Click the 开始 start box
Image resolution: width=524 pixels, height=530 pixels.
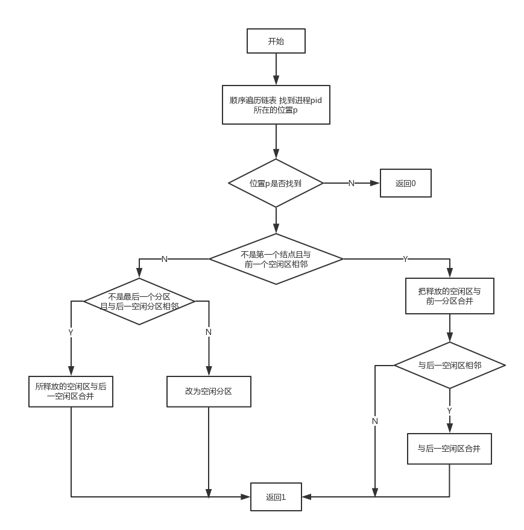[x=276, y=42]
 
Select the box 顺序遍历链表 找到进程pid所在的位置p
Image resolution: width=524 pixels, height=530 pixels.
[x=276, y=105]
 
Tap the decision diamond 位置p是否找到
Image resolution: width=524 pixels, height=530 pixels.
[x=276, y=183]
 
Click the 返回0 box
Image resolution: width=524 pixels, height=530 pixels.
[x=406, y=183]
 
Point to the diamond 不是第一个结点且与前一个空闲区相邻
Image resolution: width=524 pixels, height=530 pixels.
[x=276, y=259]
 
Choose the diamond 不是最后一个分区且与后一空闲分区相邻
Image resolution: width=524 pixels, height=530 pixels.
[x=139, y=301]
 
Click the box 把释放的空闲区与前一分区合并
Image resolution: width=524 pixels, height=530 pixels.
[x=450, y=296]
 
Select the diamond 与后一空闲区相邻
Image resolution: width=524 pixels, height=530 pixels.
[x=450, y=366]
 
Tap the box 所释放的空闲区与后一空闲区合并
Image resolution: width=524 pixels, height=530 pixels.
[x=71, y=391]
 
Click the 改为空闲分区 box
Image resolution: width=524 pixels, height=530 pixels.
[x=209, y=391]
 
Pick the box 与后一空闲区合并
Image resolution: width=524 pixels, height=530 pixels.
[x=450, y=449]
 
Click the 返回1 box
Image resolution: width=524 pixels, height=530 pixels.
[x=276, y=497]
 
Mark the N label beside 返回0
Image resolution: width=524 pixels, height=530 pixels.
[x=352, y=183]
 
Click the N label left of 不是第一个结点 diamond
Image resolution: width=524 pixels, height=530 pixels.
[x=165, y=259]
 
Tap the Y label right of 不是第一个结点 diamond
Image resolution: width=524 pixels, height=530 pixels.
[x=405, y=259]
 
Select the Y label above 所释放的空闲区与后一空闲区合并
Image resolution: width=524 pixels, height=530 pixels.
[x=71, y=332]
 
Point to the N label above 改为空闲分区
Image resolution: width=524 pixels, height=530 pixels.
[x=209, y=332]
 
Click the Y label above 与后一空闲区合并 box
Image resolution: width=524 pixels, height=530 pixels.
[x=450, y=411]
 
